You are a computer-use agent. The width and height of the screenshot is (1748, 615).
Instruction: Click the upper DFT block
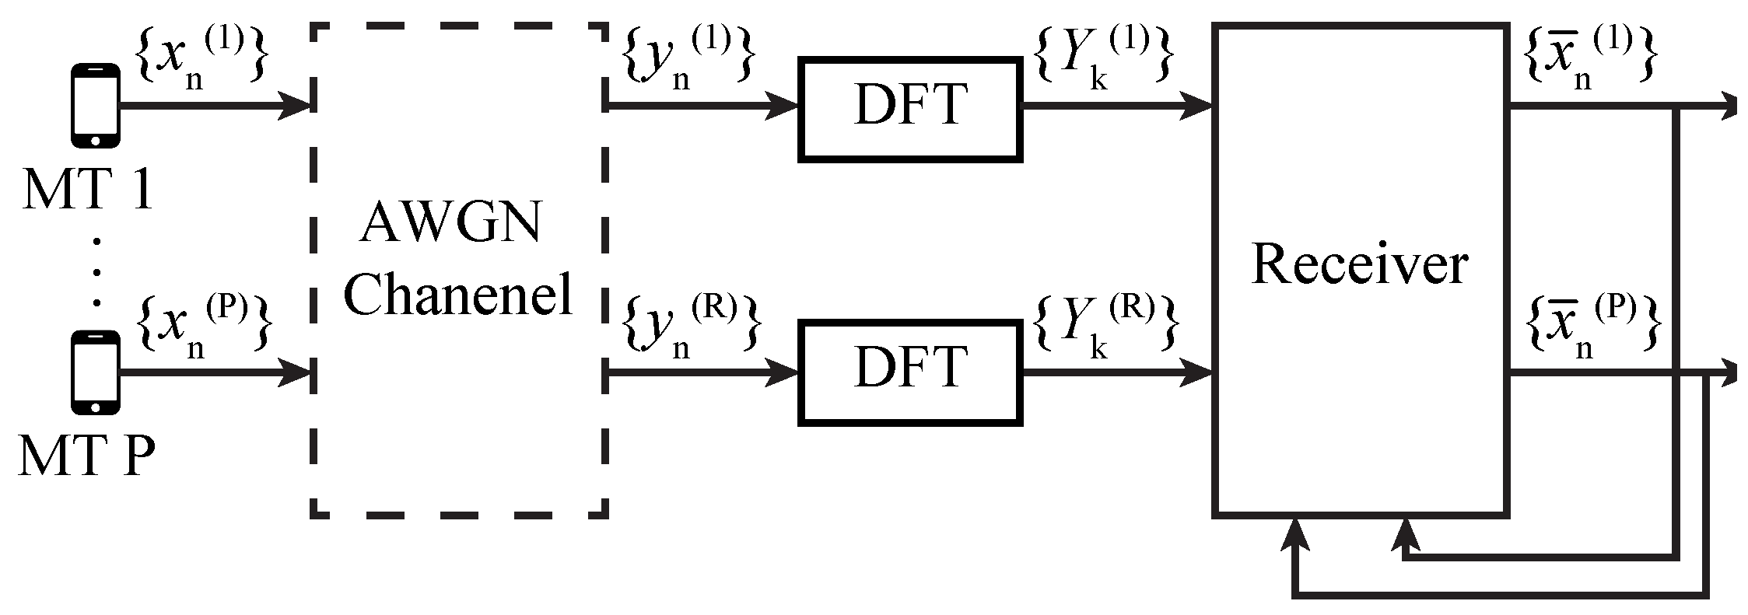coord(909,109)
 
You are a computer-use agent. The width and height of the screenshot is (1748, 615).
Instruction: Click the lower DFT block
coord(909,372)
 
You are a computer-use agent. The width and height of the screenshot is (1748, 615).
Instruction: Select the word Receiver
coord(1359,265)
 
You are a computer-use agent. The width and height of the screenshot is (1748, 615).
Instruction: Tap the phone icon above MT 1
coord(95,106)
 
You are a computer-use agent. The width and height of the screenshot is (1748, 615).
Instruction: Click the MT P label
coord(87,456)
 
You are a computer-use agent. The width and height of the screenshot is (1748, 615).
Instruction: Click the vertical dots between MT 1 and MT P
coord(96,272)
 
